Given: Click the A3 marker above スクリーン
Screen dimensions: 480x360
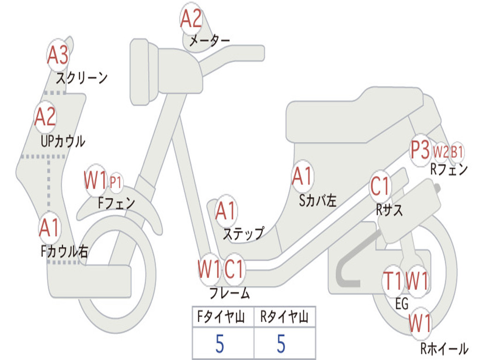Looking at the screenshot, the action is (x=58, y=55).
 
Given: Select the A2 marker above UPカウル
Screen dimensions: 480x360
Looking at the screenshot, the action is (x=45, y=117).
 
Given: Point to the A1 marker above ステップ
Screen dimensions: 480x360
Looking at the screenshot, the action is (x=226, y=211).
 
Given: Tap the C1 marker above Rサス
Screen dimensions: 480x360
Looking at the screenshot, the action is (x=380, y=186).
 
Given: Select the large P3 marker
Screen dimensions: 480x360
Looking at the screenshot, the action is (x=420, y=150).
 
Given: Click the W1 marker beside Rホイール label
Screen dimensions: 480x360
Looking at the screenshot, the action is (x=420, y=323).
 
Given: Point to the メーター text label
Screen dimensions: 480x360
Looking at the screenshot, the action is (x=209, y=41).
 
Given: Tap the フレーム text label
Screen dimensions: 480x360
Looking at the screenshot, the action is (x=229, y=293).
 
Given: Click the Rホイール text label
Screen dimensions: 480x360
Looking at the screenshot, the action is (x=444, y=348).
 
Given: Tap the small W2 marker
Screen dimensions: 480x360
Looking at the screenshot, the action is (x=441, y=152).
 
